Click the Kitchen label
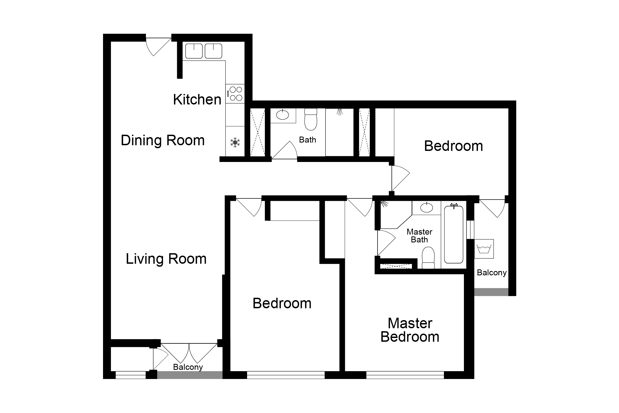[197, 99]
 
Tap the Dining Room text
[163, 140]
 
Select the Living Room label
[166, 259]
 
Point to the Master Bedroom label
[410, 330]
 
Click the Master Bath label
[419, 236]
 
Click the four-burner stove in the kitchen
[235, 94]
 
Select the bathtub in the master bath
[454, 234]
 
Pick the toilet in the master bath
[428, 258]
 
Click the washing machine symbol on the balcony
[484, 249]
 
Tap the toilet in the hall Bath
[311, 119]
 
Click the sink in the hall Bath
[282, 115]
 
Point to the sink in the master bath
[427, 208]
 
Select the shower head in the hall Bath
[340, 112]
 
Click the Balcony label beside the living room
[188, 367]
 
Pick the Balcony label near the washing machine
[492, 273]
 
